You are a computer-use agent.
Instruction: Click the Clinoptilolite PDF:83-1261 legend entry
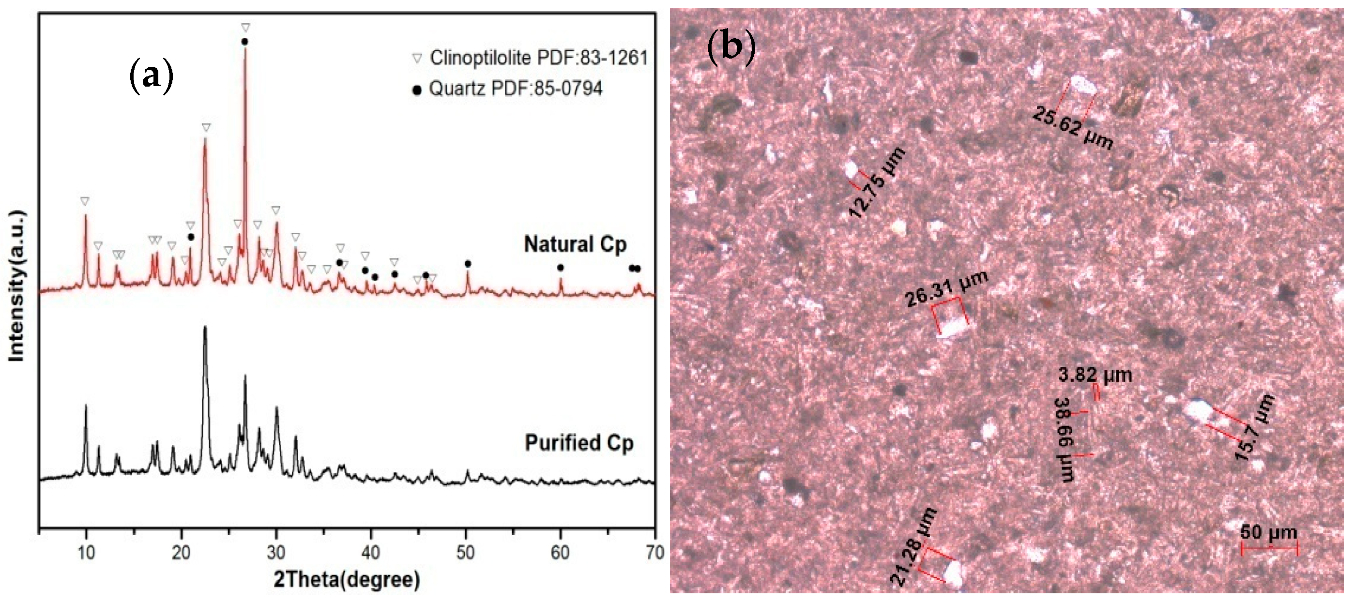(x=531, y=58)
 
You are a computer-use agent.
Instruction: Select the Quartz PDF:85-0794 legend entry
(x=508, y=89)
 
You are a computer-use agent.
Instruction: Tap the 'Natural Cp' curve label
(x=575, y=245)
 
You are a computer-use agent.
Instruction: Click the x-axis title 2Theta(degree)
(x=347, y=580)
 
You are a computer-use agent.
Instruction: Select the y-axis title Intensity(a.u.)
(x=17, y=286)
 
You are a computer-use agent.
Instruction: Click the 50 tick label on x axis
(x=465, y=553)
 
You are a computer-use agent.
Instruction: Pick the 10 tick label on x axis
(x=86, y=553)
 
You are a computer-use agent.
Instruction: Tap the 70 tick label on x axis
(x=654, y=553)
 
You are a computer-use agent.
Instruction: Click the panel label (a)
(x=151, y=76)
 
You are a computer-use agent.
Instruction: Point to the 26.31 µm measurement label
(x=946, y=289)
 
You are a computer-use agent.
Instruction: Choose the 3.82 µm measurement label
(x=1095, y=375)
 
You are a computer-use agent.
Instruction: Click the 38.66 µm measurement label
(x=1065, y=439)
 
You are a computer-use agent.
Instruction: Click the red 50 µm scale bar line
(x=1269, y=548)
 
